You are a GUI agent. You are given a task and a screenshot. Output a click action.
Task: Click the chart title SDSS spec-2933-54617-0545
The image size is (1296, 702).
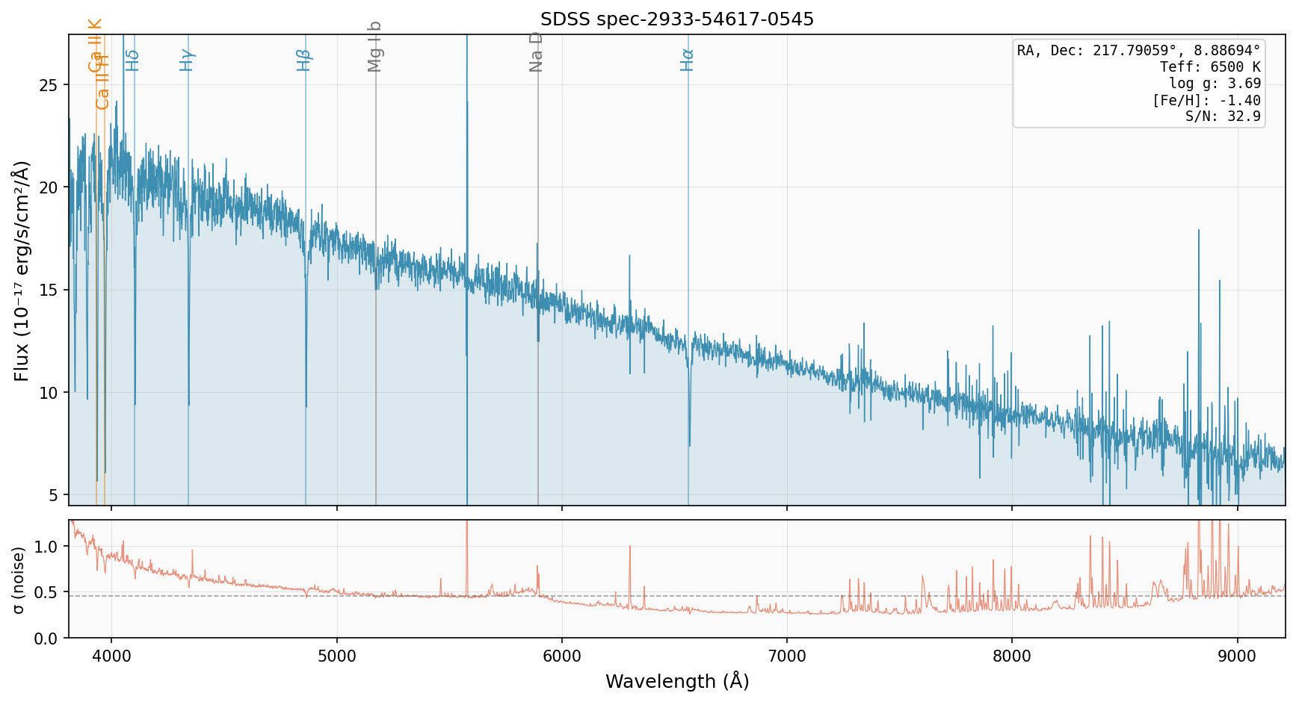click(676, 19)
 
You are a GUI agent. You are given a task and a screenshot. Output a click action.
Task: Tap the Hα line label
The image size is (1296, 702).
click(687, 60)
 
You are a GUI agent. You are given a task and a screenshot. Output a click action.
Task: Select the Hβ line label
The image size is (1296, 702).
click(303, 60)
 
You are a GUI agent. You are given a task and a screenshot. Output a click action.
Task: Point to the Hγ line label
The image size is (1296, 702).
click(187, 60)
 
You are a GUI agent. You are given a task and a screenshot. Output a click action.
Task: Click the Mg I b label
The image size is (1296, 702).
click(374, 46)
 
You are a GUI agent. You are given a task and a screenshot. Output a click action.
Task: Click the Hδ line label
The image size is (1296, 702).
click(132, 60)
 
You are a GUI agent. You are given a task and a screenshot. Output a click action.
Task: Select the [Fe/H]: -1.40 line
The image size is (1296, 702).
click(1206, 100)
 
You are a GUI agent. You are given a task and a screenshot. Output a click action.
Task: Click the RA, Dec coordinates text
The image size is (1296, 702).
click(1138, 51)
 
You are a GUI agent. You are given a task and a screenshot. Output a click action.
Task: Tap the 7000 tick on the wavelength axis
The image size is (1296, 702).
click(787, 656)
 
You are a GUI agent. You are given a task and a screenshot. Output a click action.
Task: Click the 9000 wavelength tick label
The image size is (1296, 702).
click(1238, 656)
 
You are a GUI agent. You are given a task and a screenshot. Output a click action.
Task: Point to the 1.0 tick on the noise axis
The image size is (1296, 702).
click(46, 547)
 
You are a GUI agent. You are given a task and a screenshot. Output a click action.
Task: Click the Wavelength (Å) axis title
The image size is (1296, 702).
click(676, 681)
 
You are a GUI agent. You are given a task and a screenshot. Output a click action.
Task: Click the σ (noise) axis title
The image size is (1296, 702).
click(19, 580)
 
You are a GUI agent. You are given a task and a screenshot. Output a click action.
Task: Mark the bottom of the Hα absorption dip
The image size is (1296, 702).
click(689, 446)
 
